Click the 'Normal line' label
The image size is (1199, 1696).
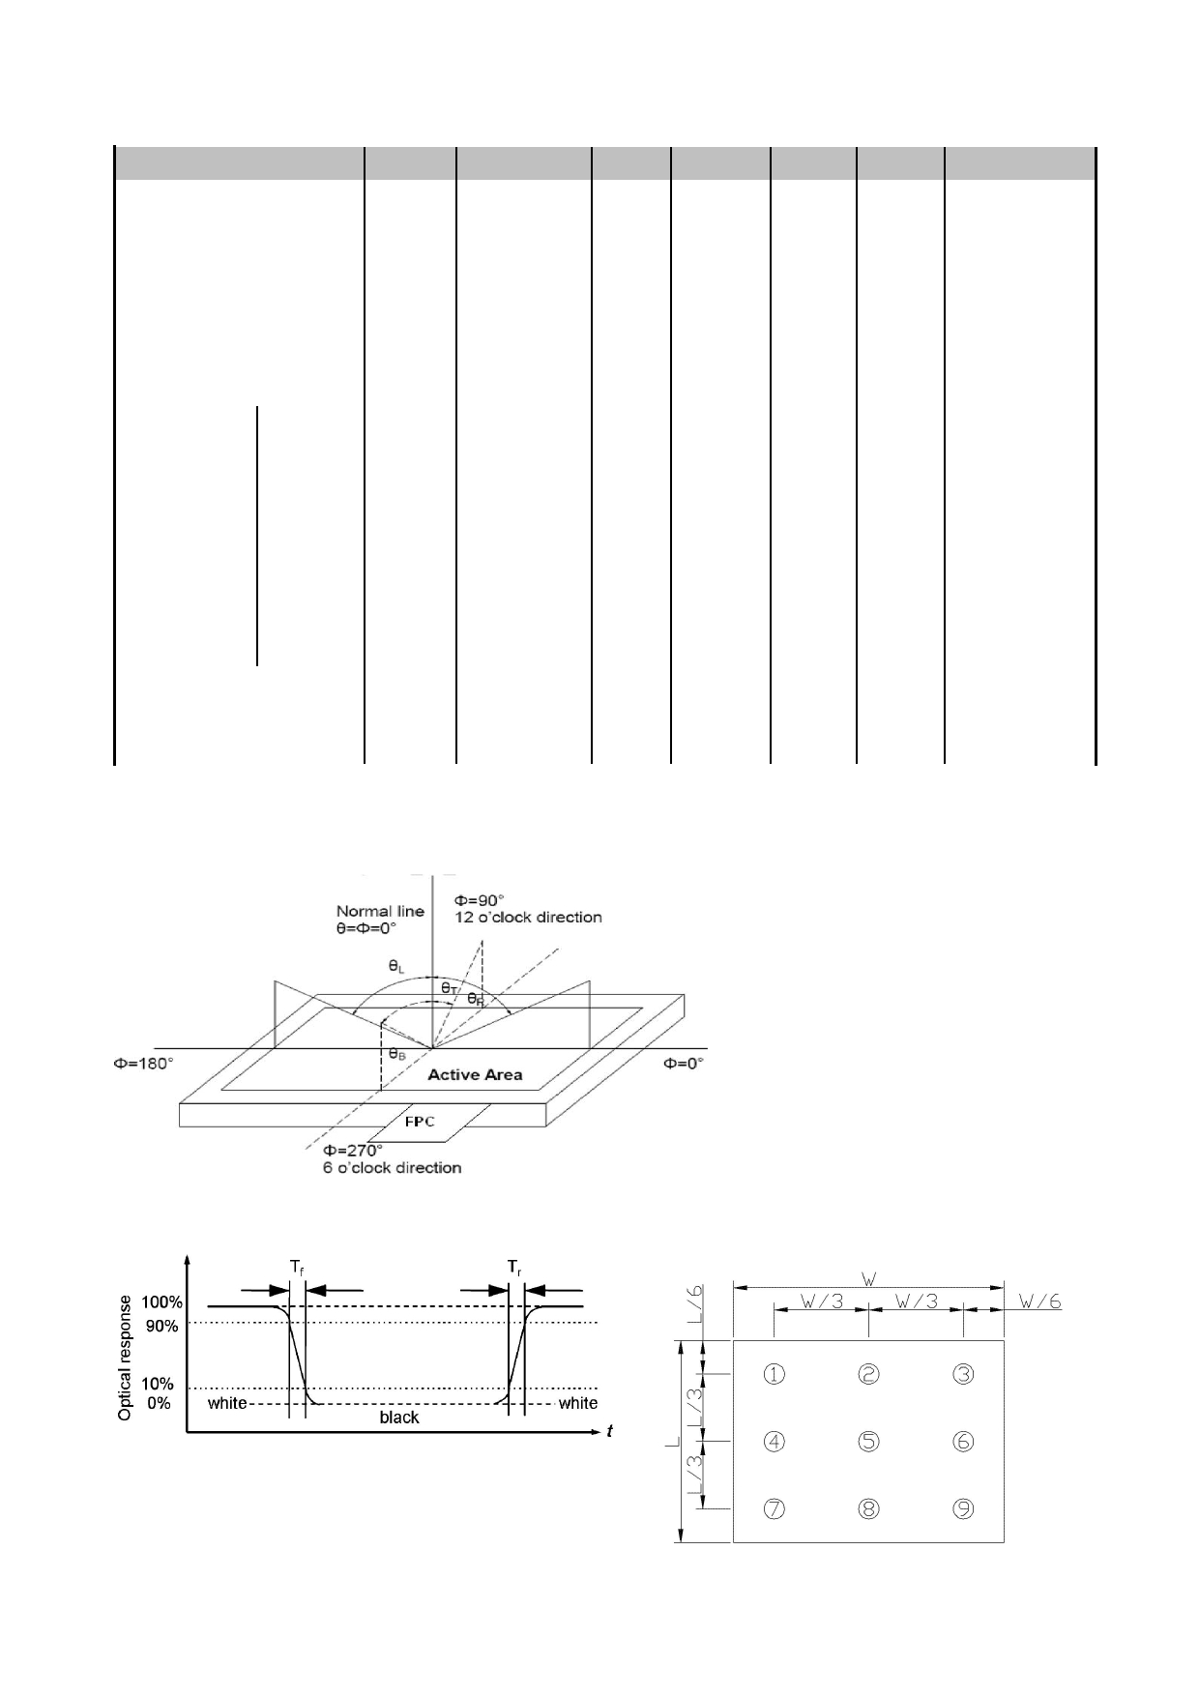380,911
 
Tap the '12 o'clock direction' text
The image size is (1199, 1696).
528,917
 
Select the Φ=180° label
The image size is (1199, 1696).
144,1063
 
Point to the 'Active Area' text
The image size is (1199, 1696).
475,1074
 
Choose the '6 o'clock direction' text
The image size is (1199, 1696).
392,1167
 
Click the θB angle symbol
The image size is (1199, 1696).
397,1054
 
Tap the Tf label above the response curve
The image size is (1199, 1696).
298,1266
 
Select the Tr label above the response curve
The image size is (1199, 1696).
515,1266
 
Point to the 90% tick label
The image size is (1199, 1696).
162,1326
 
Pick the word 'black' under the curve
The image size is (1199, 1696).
399,1417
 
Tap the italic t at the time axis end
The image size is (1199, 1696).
609,1431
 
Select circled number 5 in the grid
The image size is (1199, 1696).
868,1442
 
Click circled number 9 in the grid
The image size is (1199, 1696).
963,1509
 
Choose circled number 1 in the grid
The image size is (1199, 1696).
775,1374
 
